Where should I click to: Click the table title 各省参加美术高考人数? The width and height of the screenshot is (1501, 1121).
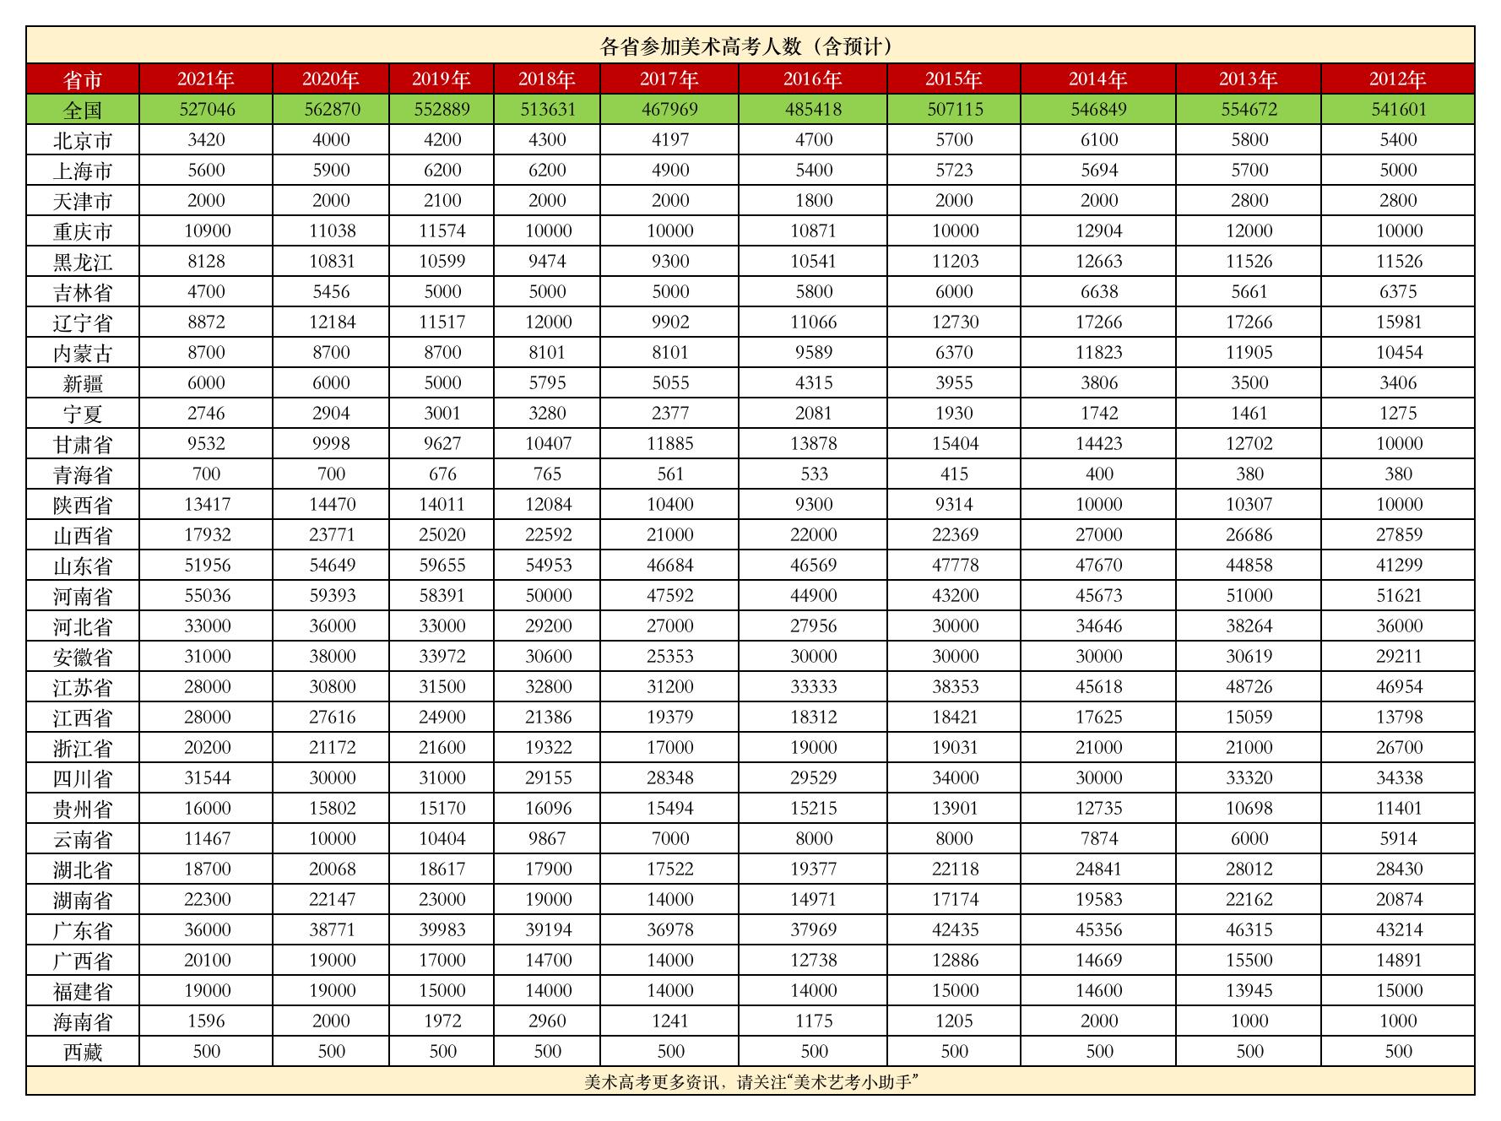click(745, 46)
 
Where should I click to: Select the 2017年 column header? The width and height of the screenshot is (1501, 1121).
click(669, 79)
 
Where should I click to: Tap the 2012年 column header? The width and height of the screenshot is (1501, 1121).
click(1397, 79)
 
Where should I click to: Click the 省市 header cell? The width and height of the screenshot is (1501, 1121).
click(83, 80)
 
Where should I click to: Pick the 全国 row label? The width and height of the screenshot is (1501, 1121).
click(83, 110)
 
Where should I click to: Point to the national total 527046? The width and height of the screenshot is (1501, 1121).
click(207, 110)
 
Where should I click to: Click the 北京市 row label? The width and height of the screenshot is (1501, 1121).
click(83, 140)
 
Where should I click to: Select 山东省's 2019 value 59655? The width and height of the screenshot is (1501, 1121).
click(442, 566)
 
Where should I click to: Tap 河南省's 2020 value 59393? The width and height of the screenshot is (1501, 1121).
click(331, 596)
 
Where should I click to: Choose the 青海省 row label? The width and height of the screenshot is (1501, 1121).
click(83, 474)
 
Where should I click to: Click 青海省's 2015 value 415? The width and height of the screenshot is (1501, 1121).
click(955, 474)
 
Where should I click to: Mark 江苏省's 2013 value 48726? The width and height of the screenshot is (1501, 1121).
click(1249, 687)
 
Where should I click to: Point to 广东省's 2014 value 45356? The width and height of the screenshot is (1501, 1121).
click(1098, 930)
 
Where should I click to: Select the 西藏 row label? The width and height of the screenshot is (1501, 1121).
click(83, 1052)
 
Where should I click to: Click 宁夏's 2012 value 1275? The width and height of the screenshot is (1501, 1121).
click(1397, 414)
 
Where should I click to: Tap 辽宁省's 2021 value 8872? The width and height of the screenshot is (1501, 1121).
click(207, 322)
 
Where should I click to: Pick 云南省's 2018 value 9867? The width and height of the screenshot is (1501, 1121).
click(547, 839)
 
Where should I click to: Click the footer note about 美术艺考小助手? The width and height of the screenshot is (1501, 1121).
click(750, 1082)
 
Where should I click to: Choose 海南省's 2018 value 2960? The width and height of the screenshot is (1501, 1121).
click(547, 1021)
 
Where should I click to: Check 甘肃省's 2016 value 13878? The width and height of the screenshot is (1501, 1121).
click(813, 444)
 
